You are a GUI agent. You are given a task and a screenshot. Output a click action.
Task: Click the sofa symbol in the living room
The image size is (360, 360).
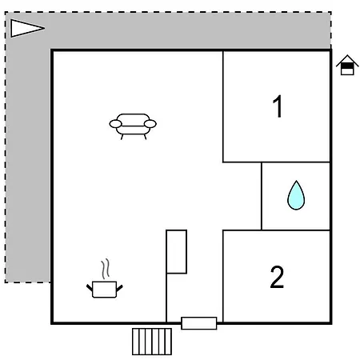tap(133, 126)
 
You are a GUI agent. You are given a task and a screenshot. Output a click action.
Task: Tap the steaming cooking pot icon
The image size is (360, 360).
tap(105, 282)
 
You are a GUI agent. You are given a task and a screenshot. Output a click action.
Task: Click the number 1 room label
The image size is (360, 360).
tap(278, 106)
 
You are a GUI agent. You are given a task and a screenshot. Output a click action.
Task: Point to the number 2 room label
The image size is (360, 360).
tap(277, 277)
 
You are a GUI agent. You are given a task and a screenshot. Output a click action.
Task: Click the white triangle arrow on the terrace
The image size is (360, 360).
tap(27, 28)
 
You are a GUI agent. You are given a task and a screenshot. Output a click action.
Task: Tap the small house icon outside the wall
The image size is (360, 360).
tap(347, 65)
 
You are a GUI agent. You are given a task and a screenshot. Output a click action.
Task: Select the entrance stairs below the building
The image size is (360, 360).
tap(152, 342)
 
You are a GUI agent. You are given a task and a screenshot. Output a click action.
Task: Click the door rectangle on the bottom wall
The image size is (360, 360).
tap(199, 323)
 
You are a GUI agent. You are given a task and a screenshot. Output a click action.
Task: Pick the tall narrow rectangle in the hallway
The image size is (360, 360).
tap(177, 252)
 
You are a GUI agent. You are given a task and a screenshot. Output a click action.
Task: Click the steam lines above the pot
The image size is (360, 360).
tap(106, 269)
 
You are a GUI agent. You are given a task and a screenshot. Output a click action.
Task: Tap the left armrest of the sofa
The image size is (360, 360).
tap(115, 124)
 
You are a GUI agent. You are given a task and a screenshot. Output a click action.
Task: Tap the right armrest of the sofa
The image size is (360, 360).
tap(150, 124)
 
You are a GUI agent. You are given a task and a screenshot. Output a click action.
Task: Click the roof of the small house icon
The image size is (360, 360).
tap(347, 59)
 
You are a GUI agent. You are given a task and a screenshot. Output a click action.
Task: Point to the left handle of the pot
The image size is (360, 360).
tap(90, 288)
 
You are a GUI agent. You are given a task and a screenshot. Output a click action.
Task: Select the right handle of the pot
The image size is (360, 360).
tap(119, 288)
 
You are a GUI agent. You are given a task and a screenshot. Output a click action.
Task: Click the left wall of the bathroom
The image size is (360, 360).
tap(262, 196)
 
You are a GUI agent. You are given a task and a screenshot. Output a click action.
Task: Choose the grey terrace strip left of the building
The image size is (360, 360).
tap(28, 166)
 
